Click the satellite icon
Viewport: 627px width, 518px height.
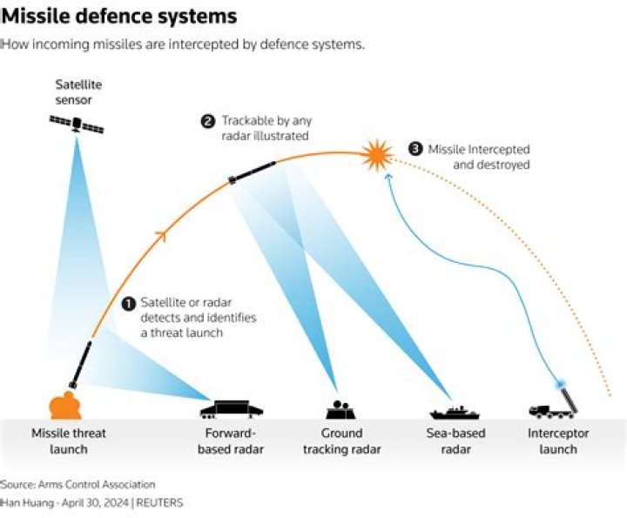pos(77,125)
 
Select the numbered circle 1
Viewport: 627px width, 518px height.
pos(128,303)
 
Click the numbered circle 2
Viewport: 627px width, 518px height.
pos(208,122)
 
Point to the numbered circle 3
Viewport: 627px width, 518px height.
pos(415,149)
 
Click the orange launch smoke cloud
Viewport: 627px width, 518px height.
pos(65,406)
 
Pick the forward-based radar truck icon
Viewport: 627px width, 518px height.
pos(231,408)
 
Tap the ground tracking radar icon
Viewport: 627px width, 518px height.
pos(339,410)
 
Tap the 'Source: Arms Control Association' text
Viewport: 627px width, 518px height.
pos(78,484)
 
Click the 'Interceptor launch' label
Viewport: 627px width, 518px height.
pos(558,441)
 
